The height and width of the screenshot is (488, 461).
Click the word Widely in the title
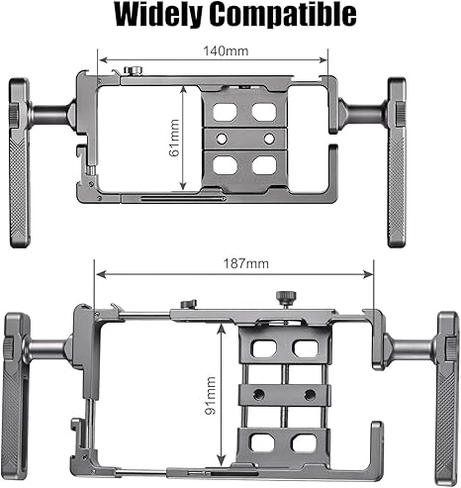click(x=158, y=15)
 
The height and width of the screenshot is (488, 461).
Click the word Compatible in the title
click(x=284, y=16)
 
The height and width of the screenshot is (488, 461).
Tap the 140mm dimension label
click(x=226, y=51)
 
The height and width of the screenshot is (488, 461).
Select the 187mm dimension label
click(x=246, y=263)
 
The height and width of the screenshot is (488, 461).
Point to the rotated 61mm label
click(x=173, y=138)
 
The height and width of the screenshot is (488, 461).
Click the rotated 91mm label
click(x=210, y=395)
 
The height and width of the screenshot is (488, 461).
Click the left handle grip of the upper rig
click(x=19, y=162)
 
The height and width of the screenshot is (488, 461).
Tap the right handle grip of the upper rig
click(x=397, y=162)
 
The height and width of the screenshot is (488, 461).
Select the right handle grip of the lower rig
click(x=447, y=397)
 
